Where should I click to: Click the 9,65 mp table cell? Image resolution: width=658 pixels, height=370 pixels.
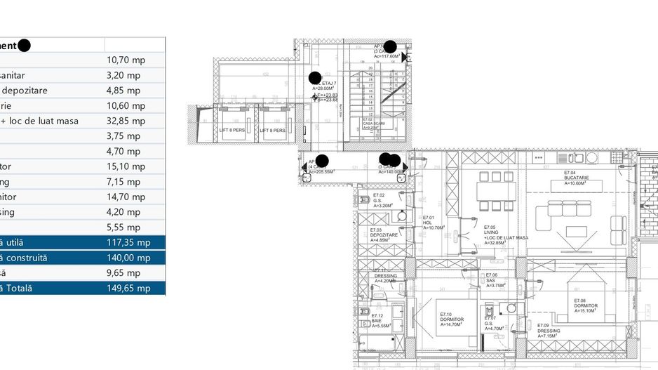[123, 272]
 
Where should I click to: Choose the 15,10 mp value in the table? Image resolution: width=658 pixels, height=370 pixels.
[126, 166]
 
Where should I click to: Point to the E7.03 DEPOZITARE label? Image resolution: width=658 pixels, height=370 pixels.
[384, 235]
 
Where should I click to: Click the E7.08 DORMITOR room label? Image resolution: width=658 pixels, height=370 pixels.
[585, 306]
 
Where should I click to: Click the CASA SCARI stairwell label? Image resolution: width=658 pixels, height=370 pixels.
[373, 124]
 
